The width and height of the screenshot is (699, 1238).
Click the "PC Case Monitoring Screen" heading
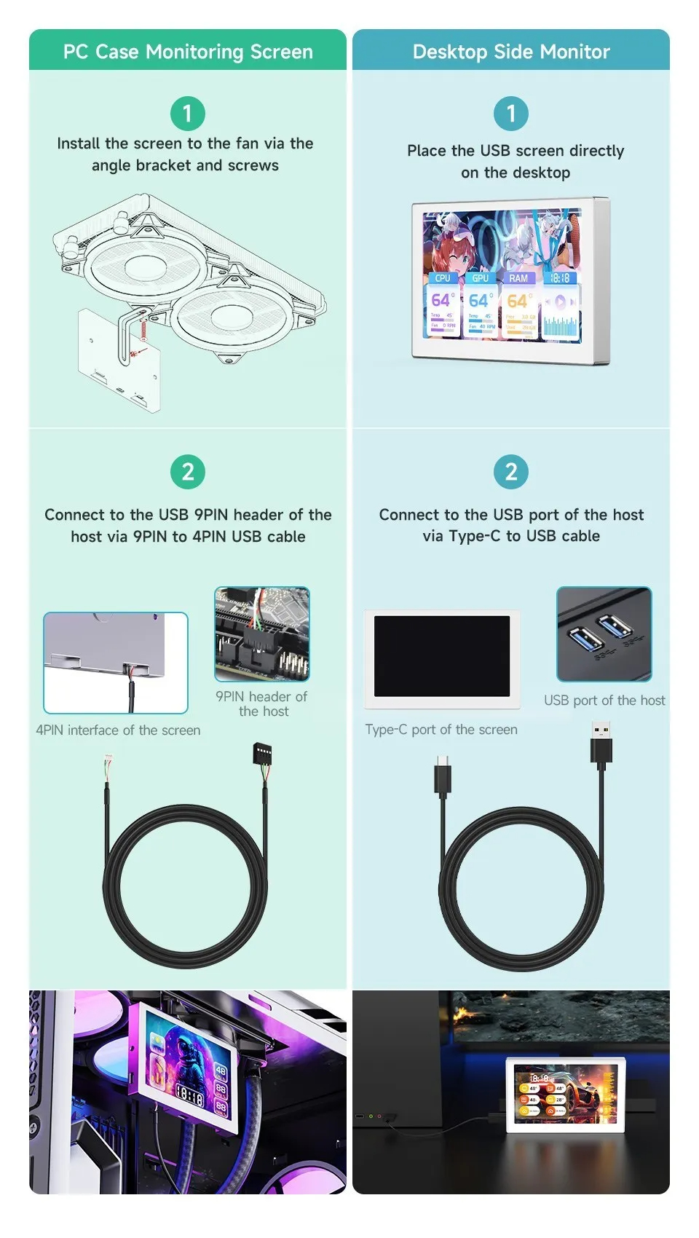[188, 52]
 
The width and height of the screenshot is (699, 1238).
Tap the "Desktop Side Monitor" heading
[511, 52]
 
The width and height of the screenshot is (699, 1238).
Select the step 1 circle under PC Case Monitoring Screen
[188, 114]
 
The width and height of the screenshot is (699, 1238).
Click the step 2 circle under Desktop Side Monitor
[511, 472]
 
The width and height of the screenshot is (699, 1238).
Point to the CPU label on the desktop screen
[443, 278]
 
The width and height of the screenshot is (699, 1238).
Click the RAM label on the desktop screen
[518, 278]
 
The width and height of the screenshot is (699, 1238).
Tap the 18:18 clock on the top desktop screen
[560, 278]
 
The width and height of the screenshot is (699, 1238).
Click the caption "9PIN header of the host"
[262, 703]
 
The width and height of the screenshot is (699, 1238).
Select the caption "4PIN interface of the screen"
[118, 730]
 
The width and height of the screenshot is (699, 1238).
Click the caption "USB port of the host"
[604, 700]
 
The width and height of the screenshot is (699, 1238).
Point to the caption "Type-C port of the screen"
[441, 729]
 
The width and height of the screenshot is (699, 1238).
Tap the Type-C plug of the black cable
[443, 776]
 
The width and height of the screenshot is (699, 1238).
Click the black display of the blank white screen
[442, 655]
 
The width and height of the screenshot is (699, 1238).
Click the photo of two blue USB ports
[604, 634]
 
